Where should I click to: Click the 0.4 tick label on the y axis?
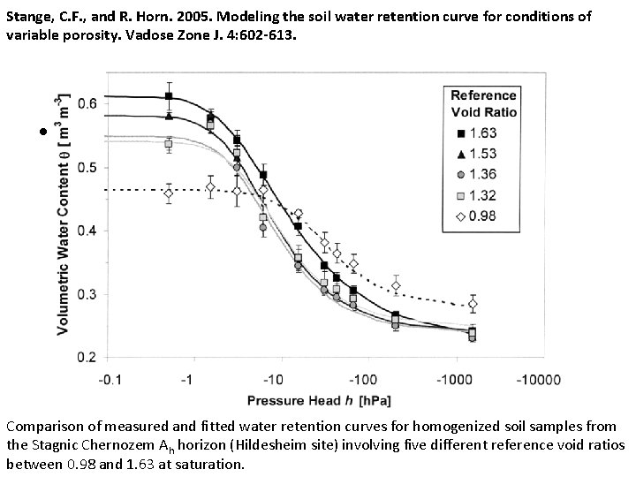(x=87, y=231)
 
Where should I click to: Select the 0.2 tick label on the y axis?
(x=87, y=357)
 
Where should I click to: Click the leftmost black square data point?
(x=169, y=96)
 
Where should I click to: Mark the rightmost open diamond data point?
(x=473, y=305)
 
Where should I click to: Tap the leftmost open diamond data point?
(x=169, y=193)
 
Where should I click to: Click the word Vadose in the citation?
(x=180, y=34)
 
